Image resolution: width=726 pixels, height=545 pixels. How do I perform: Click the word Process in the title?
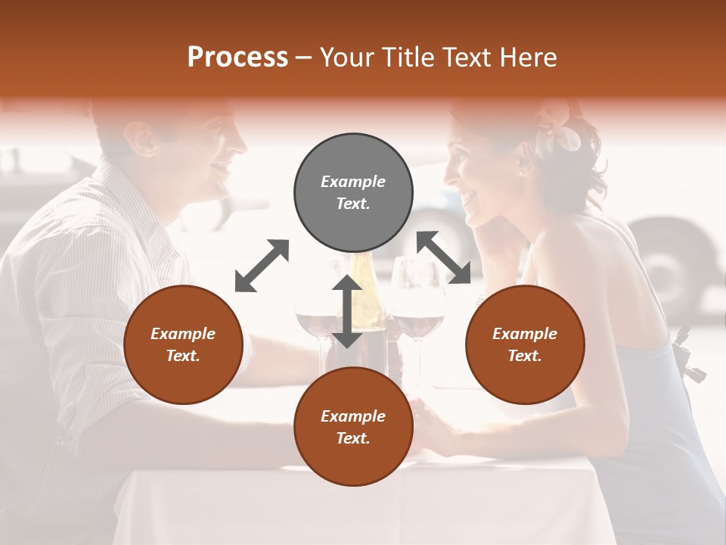[x=237, y=58]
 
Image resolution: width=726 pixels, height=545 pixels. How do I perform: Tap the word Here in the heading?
[x=530, y=58]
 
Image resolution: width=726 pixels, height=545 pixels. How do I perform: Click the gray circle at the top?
[x=353, y=193]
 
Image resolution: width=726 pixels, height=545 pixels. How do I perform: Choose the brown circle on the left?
[x=183, y=344]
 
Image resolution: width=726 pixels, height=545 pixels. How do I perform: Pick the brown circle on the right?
[x=525, y=344]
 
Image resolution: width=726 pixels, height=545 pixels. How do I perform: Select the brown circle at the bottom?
[x=353, y=426]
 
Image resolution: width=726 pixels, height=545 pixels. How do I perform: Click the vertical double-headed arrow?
[x=347, y=311]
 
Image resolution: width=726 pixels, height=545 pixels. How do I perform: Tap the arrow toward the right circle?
[x=444, y=257]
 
